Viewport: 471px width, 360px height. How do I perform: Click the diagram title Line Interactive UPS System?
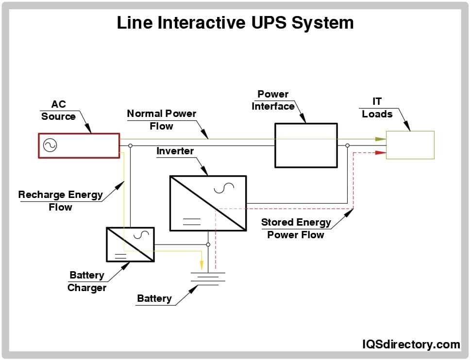click(x=235, y=22)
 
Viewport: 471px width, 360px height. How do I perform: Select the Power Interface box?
click(x=306, y=145)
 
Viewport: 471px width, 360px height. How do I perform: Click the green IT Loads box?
click(x=410, y=145)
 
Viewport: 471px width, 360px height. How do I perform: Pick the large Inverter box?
click(x=208, y=203)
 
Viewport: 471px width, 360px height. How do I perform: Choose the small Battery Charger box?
click(x=130, y=245)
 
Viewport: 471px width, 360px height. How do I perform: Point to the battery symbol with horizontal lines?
click(x=208, y=278)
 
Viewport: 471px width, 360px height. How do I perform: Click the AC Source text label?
click(x=58, y=111)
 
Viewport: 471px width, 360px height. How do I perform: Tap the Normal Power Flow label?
click(x=161, y=120)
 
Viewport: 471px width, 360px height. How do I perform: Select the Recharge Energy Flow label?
click(x=60, y=201)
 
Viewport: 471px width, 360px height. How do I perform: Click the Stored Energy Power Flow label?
click(x=296, y=229)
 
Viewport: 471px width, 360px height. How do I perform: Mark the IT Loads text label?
click(x=377, y=108)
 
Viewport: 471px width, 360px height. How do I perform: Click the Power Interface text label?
click(x=273, y=100)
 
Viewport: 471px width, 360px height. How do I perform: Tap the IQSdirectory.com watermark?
click(x=411, y=344)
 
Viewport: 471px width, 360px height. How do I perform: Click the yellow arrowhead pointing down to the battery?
click(x=202, y=265)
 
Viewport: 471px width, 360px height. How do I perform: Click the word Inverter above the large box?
click(x=175, y=151)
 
